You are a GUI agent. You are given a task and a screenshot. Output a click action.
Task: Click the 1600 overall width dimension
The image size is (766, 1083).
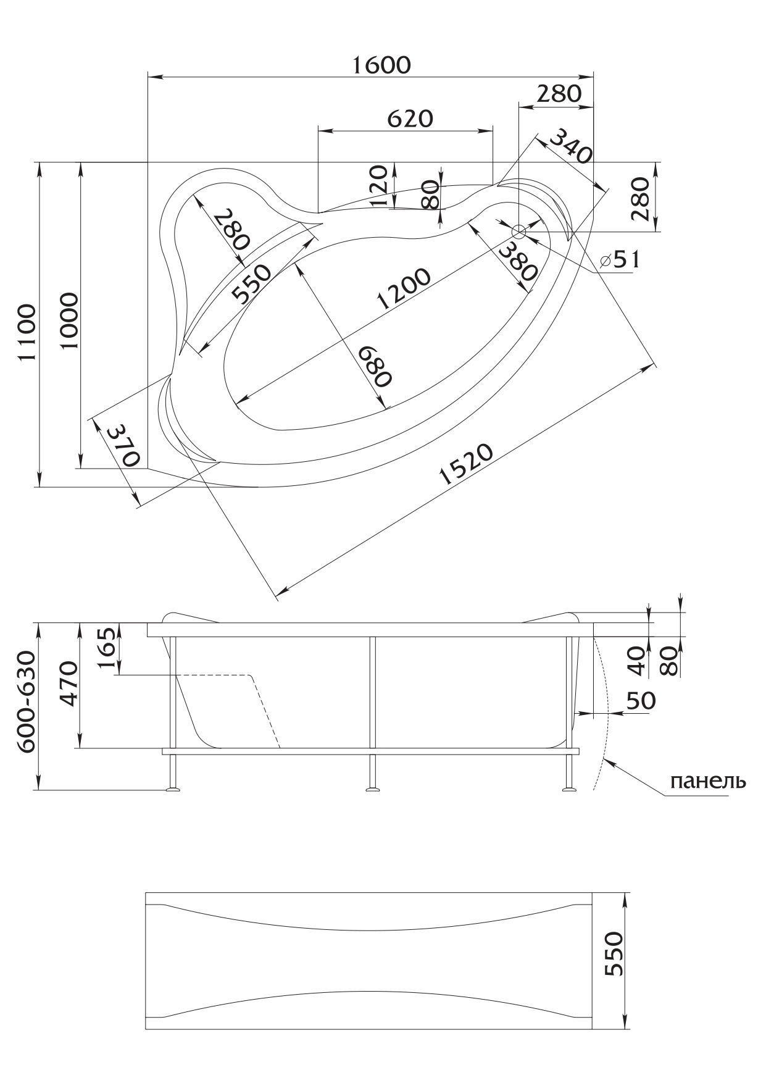[x=381, y=64]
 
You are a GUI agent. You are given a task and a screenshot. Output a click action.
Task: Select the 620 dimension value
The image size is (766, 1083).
[x=410, y=118]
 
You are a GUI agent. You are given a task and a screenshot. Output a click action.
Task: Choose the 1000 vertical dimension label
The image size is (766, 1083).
[x=69, y=321]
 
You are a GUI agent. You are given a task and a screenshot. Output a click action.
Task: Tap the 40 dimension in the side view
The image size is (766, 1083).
[x=639, y=658]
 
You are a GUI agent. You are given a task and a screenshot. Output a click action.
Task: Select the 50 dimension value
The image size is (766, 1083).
[x=641, y=701]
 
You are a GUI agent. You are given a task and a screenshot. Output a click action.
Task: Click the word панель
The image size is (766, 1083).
[x=707, y=781]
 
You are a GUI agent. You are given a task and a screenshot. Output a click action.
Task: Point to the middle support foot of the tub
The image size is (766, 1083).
[x=372, y=787]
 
